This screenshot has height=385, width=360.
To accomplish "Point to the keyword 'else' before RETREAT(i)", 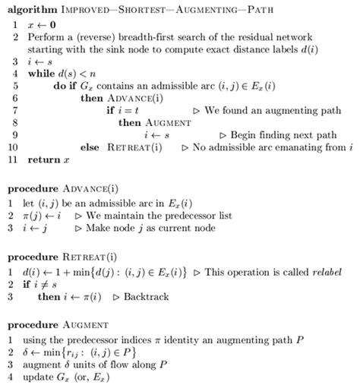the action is point(89,147).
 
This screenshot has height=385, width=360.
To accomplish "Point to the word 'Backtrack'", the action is point(149,296).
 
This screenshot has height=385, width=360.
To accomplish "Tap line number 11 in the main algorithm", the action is point(12,159).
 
